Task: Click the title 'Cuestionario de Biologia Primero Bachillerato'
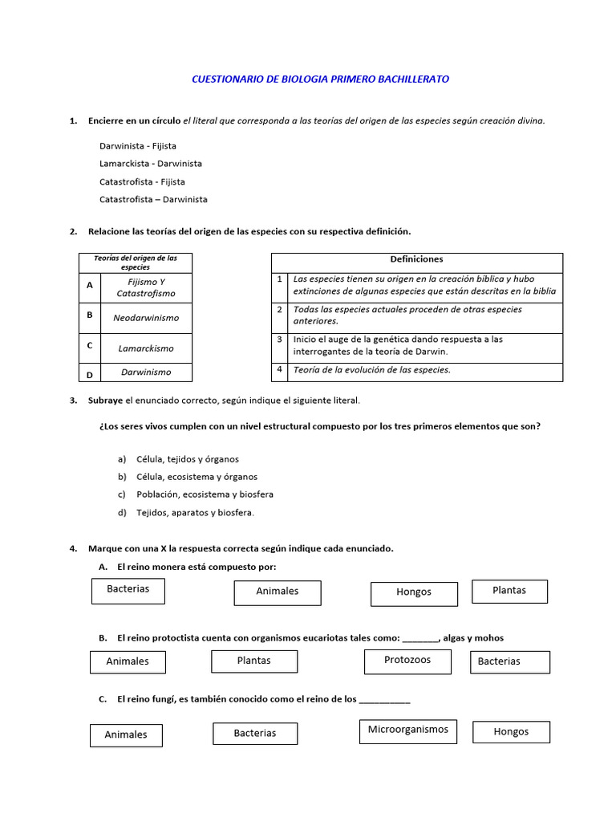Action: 321,79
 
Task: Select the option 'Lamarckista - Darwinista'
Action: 151,164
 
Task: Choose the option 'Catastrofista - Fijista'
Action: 142,182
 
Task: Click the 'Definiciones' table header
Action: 416,259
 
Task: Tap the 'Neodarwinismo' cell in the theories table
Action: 146,318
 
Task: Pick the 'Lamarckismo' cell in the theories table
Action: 146,348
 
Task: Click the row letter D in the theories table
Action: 90,375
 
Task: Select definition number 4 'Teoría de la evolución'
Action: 371,370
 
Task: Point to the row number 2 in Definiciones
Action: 280,309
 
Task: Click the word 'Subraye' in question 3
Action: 106,400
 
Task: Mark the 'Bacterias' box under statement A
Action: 128,590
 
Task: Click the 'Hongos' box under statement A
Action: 414,593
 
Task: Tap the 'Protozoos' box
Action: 407,661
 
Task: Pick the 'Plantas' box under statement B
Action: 254,661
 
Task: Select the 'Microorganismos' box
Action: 408,730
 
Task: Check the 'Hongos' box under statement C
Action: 511,732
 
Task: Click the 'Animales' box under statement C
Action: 126,735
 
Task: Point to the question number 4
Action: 73,548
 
